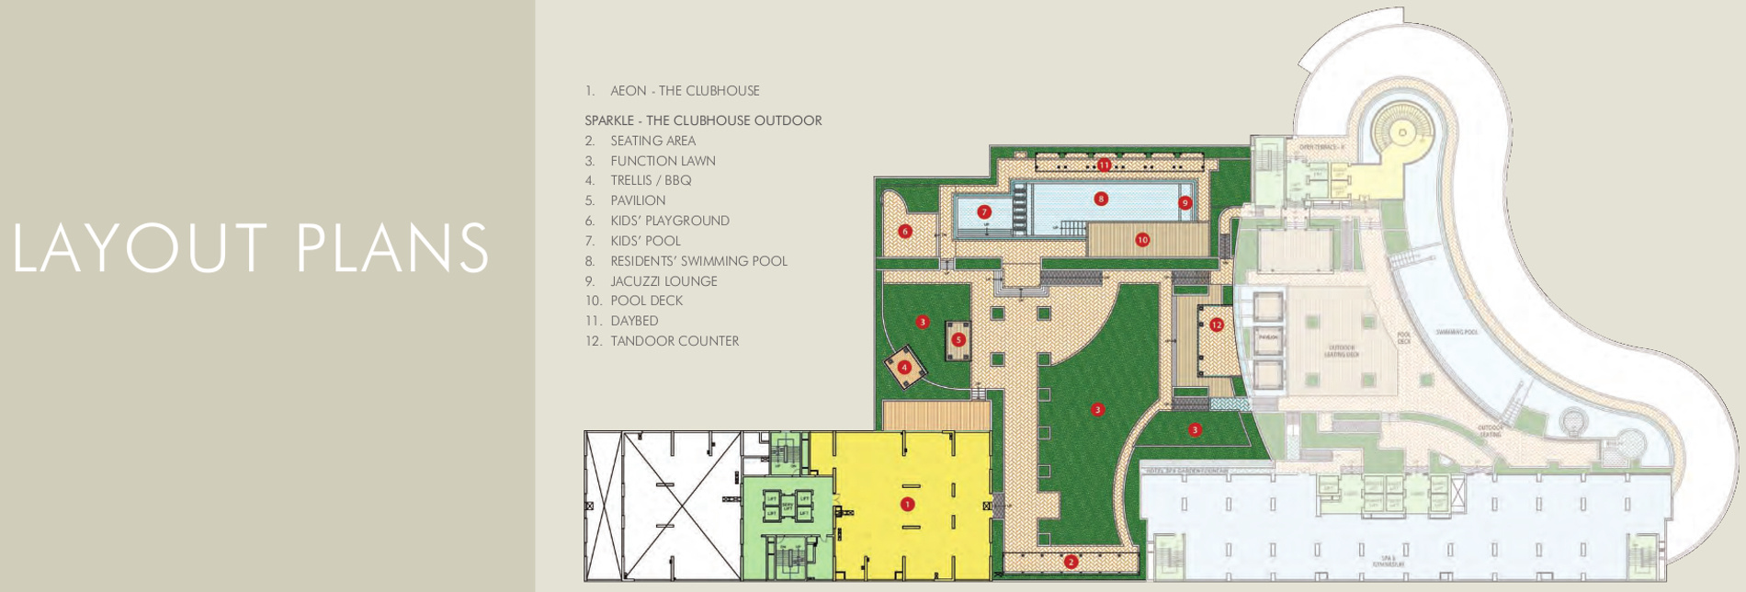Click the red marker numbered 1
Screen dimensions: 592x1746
point(908,504)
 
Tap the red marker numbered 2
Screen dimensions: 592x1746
point(1071,562)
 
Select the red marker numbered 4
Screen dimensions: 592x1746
point(905,367)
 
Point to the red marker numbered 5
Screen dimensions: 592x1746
point(958,339)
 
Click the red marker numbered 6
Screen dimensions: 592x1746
point(905,232)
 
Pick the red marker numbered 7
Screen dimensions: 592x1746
point(984,212)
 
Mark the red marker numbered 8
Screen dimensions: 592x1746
point(1101,199)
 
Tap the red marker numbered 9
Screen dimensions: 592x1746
point(1185,202)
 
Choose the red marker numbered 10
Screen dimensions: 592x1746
point(1142,240)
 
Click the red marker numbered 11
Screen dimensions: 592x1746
point(1104,165)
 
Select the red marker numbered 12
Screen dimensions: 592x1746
point(1217,324)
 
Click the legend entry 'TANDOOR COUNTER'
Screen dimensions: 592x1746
point(675,341)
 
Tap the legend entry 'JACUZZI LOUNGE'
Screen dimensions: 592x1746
point(663,281)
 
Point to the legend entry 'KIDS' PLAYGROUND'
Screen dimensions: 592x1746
point(670,221)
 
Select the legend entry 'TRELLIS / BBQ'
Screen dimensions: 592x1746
point(651,180)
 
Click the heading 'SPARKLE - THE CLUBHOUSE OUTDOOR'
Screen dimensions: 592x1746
point(703,120)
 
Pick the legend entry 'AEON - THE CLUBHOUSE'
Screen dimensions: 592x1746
point(685,91)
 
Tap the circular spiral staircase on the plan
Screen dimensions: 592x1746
point(1402,132)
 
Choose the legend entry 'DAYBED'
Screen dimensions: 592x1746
point(634,321)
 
